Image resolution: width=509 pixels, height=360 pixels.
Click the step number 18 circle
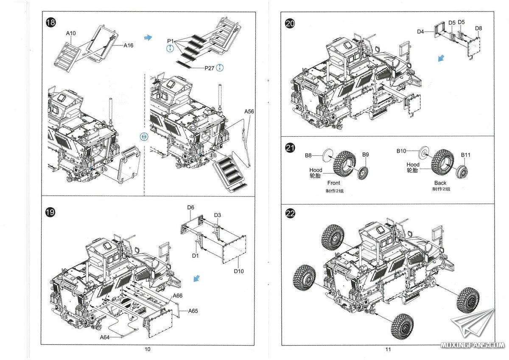[x=50, y=22]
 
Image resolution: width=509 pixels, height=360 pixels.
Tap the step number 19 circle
[x=50, y=212]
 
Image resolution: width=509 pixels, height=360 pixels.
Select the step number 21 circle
[x=290, y=148]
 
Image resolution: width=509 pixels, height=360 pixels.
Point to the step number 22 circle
[x=290, y=214]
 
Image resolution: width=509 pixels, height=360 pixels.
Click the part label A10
[x=71, y=33]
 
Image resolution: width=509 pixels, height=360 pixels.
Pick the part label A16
[x=129, y=45]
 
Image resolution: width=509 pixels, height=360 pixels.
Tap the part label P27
[x=209, y=68]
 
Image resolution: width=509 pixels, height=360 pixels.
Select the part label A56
[x=249, y=111]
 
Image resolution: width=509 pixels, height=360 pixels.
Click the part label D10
[x=238, y=271]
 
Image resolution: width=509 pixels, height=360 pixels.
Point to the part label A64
[x=104, y=337]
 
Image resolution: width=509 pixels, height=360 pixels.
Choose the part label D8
[x=478, y=28]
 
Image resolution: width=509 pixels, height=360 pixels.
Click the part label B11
[x=465, y=155]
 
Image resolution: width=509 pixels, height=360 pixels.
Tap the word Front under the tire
[x=333, y=183]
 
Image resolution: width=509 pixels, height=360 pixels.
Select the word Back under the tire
[x=440, y=183]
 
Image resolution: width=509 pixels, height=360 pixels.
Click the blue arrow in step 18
[x=148, y=37]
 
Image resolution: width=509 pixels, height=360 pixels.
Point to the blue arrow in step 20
[x=441, y=58]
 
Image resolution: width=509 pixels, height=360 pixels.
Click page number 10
[x=148, y=349]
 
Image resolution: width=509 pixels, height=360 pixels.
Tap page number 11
[x=388, y=349]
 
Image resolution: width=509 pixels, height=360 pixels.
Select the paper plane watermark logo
[x=473, y=323]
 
